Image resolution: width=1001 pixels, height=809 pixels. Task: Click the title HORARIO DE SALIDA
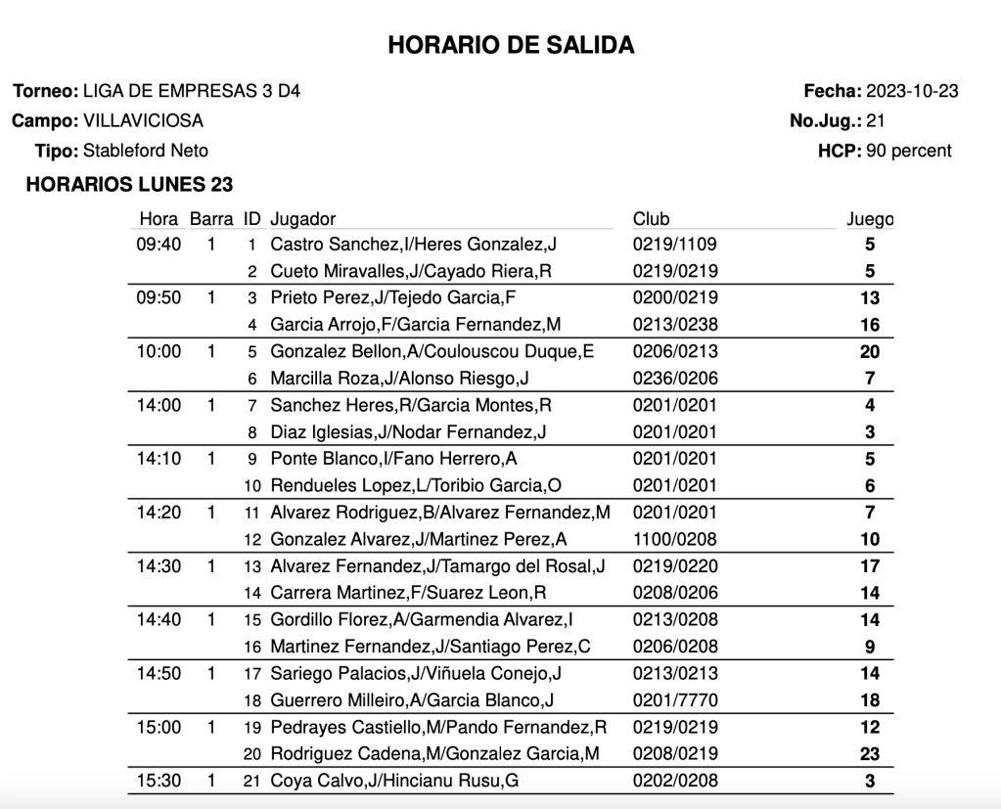coord(511,45)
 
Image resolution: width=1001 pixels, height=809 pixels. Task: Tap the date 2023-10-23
coord(912,92)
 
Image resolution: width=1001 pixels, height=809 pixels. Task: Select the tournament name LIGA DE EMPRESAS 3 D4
coord(192,92)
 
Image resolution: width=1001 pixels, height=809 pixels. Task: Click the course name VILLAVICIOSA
coord(143,121)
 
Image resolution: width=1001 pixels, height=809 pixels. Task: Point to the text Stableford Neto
coord(146,151)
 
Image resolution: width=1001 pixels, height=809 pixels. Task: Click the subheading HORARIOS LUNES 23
coord(129,184)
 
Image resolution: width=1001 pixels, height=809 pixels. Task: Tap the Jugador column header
coord(302,219)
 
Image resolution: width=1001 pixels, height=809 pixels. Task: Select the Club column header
coord(651,219)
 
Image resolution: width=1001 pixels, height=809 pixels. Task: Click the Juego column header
coord(870,219)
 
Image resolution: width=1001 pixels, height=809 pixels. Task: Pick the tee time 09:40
coord(159,245)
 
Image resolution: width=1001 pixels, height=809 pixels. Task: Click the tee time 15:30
coord(159,781)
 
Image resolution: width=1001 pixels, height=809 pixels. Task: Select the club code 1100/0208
coord(675,539)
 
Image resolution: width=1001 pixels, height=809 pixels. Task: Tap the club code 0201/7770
coord(675,699)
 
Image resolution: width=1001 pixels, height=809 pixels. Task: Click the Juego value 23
coord(869,754)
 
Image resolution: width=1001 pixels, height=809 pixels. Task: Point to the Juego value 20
coord(869,352)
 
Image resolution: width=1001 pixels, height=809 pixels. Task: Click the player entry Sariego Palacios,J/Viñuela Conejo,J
coord(416,673)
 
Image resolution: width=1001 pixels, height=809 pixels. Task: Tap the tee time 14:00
coord(159,405)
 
